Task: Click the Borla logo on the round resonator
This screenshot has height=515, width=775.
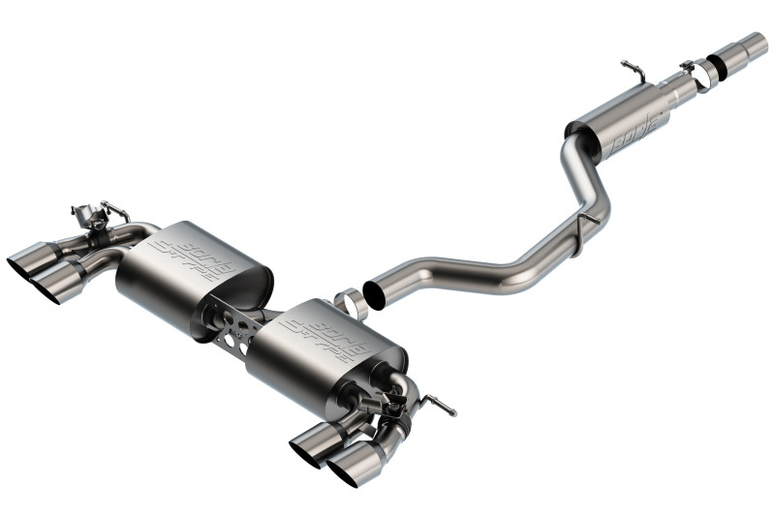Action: point(636,129)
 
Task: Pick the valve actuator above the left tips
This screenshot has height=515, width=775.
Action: point(93,214)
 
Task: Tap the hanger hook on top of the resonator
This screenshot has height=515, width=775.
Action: point(632,72)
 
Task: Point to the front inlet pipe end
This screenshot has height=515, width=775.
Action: point(754,45)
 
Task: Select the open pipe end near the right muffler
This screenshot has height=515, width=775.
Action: point(373,293)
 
